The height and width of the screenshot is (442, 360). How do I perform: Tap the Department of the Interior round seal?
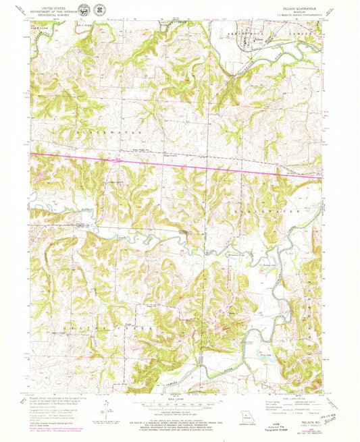(x=82, y=10)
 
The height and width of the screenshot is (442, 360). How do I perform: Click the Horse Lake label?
(x=252, y=266)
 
